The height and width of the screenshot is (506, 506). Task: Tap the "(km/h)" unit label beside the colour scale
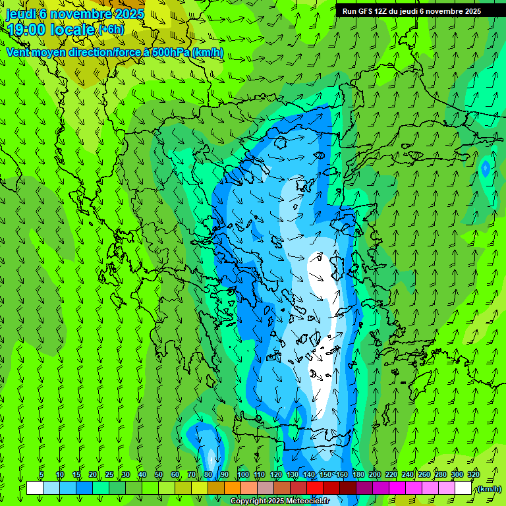[488, 489]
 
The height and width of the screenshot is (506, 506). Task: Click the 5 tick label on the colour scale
[42, 474]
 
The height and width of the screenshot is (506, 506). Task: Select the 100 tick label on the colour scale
[243, 474]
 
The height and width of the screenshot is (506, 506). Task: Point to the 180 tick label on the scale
[358, 474]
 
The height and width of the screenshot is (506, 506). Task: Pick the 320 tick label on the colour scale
[474, 474]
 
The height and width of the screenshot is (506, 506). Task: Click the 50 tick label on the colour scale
[159, 474]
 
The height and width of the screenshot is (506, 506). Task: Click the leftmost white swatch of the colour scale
[35, 488]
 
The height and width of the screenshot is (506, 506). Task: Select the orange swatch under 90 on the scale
[233, 488]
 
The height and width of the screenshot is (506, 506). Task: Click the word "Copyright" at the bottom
[248, 501]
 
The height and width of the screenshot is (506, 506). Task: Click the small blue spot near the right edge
[486, 169]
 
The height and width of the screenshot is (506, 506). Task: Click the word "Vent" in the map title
[18, 52]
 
